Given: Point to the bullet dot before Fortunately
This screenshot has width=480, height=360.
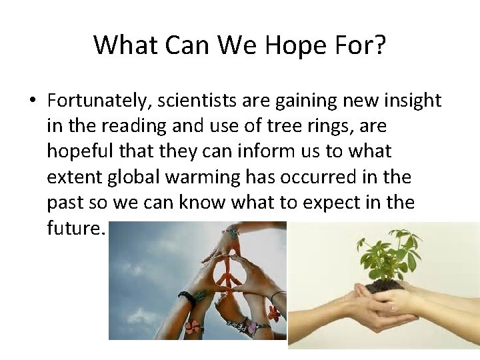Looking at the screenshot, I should (x=32, y=101).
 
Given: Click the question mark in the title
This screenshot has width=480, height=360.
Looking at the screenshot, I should (x=378, y=45).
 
